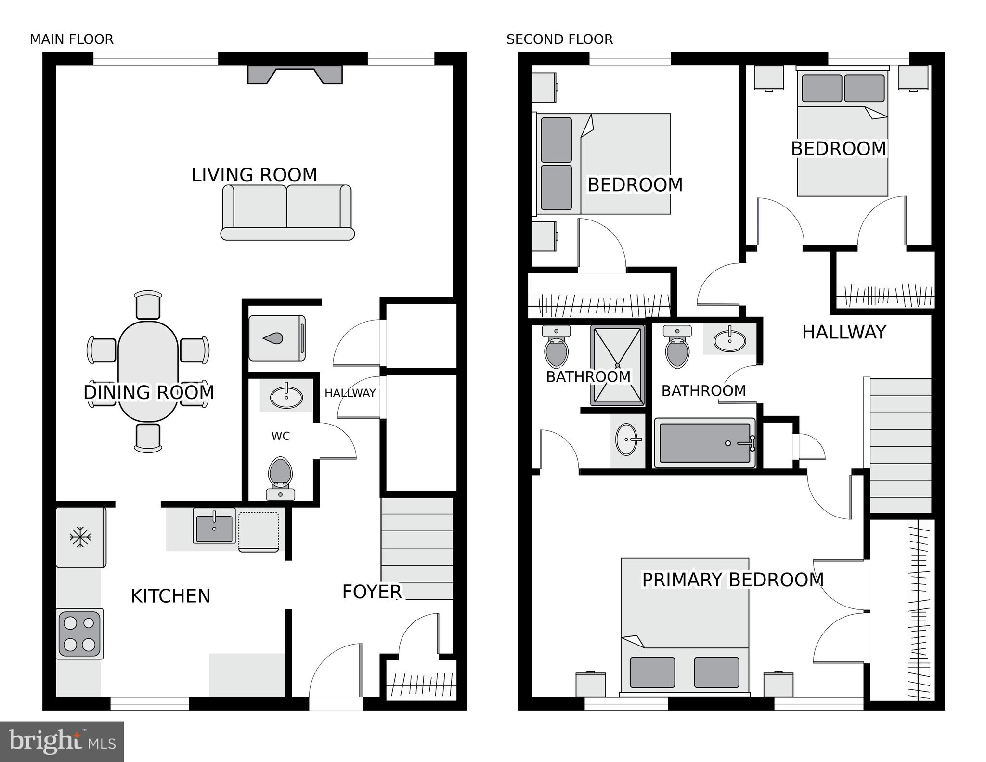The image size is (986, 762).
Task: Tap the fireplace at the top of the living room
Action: (x=295, y=75)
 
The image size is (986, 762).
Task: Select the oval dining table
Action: (x=148, y=371)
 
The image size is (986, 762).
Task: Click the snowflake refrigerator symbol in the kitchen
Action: (x=80, y=537)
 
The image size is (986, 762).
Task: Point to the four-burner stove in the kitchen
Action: (x=79, y=633)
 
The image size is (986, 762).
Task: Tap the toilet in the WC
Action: (x=280, y=472)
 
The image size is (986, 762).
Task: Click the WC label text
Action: (x=280, y=436)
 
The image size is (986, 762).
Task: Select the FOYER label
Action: (x=372, y=592)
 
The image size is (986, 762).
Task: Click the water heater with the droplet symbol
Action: (x=277, y=338)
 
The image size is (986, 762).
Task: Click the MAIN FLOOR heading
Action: (x=72, y=39)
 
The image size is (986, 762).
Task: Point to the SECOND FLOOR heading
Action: (x=559, y=39)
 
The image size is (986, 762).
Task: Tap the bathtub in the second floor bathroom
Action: (x=704, y=443)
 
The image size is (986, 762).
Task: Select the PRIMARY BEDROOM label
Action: (x=732, y=580)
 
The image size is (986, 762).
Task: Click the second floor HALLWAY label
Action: (x=843, y=332)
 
